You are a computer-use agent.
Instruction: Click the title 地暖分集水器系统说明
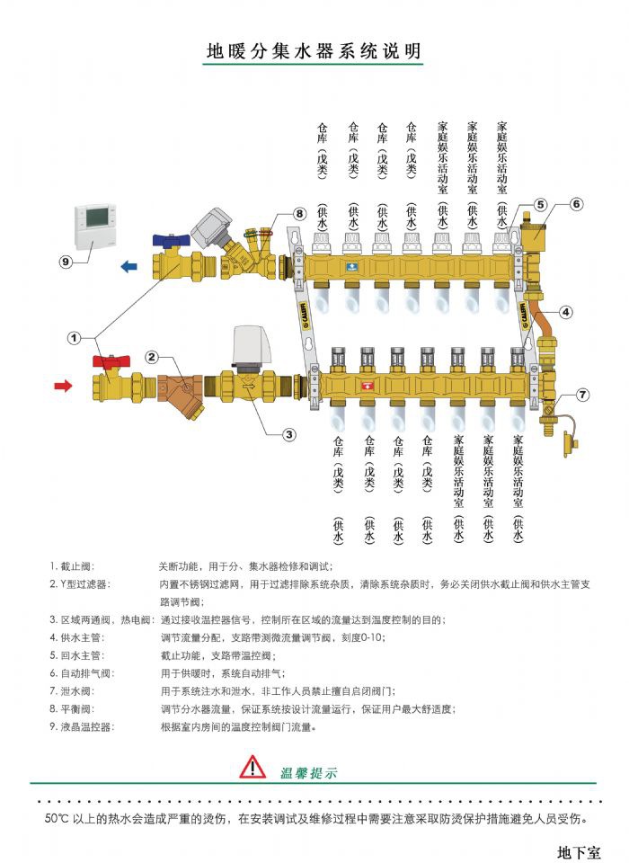click(314, 51)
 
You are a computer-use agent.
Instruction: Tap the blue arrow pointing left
click(129, 266)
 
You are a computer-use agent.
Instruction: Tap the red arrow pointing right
click(64, 386)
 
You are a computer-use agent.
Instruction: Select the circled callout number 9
click(65, 262)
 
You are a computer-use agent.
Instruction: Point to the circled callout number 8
click(299, 213)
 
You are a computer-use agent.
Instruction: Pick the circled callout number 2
click(153, 357)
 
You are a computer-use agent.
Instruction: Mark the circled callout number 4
click(565, 313)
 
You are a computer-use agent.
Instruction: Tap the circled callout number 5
click(540, 205)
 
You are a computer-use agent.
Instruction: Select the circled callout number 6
click(576, 203)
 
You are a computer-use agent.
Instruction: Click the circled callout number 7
click(582, 395)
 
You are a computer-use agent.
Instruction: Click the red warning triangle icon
click(253, 767)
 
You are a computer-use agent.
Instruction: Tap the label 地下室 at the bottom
click(579, 850)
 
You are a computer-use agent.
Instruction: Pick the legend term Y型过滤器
click(78, 584)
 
